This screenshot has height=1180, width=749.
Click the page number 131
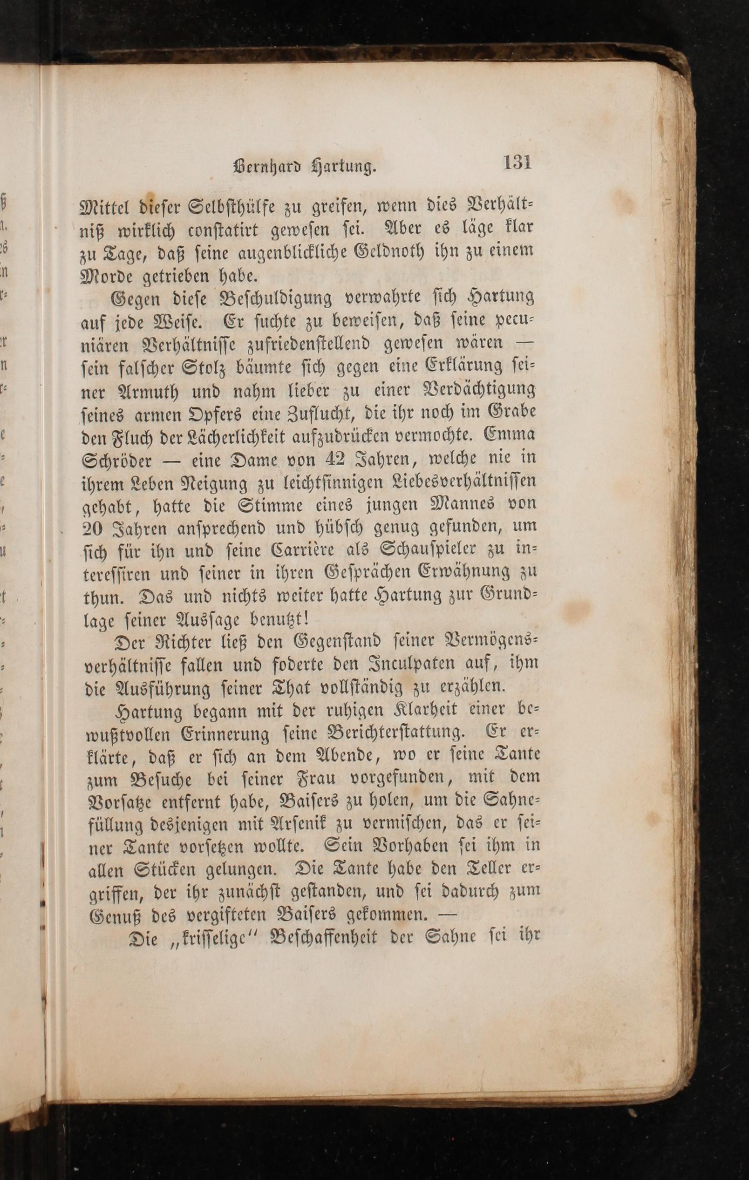(x=517, y=162)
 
